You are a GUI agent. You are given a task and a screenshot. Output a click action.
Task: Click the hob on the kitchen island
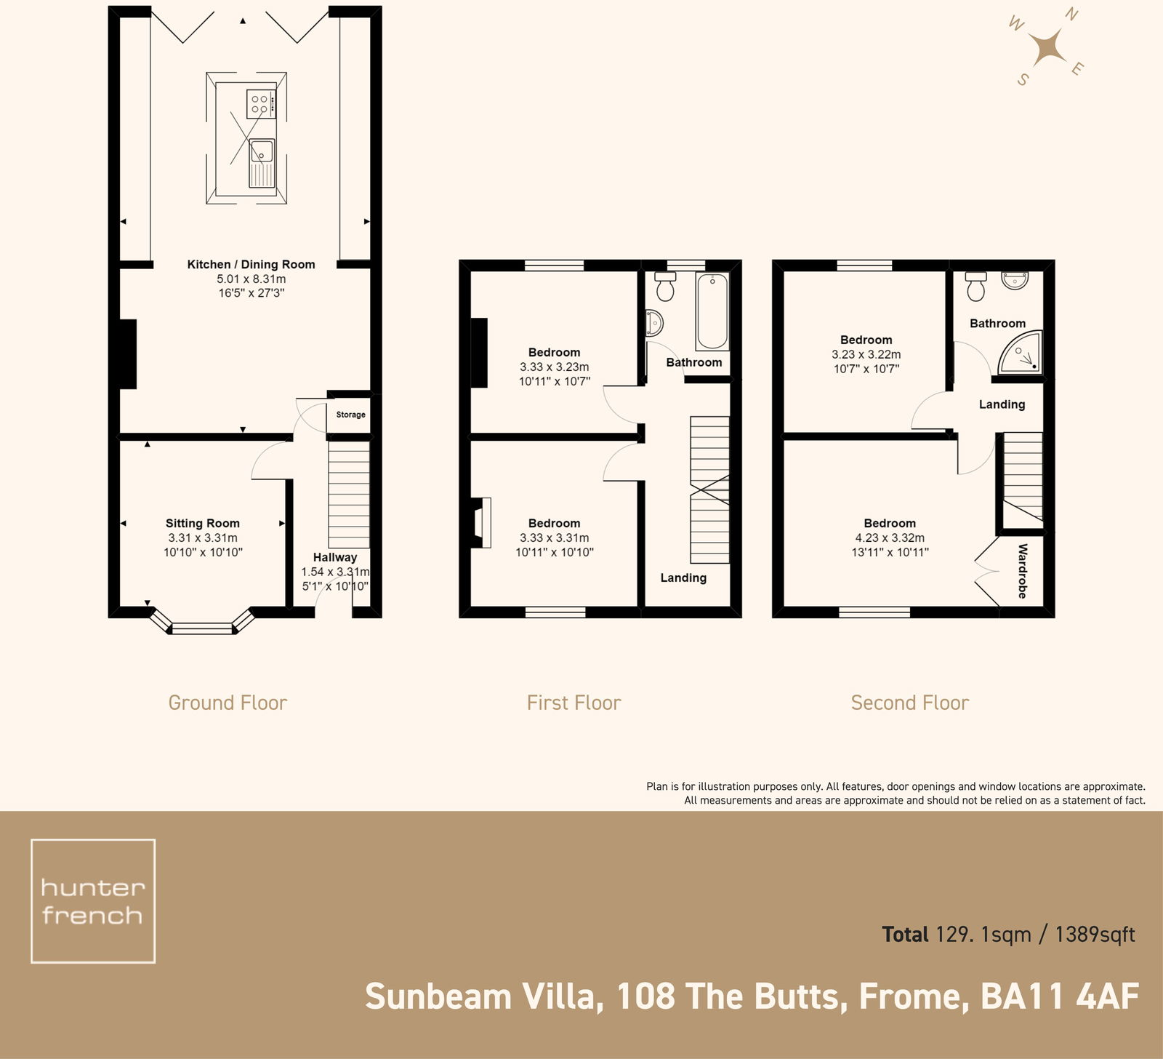pos(260,103)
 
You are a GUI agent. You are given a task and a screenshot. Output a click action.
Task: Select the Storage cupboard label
pos(350,415)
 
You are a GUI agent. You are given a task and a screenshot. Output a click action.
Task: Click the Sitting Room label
pos(202,523)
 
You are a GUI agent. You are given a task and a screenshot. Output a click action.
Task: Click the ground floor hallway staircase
pos(349,495)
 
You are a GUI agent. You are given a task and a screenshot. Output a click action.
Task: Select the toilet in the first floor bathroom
pos(664,287)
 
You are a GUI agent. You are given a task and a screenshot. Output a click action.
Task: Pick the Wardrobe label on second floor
pos(1022,571)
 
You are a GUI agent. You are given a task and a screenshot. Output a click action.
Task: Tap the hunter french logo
pos(93,901)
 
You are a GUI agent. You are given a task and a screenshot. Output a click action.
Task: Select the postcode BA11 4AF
pos(1059,997)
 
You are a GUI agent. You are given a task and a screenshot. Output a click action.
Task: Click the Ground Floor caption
pos(228,703)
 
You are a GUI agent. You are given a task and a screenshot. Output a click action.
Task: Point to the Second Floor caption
pos(909,703)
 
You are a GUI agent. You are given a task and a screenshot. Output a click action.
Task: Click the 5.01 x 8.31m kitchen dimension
pos(251,279)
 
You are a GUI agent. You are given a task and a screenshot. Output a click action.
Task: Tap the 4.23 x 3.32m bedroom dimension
pos(890,538)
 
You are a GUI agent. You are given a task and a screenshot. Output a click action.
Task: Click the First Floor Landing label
pos(683,578)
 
